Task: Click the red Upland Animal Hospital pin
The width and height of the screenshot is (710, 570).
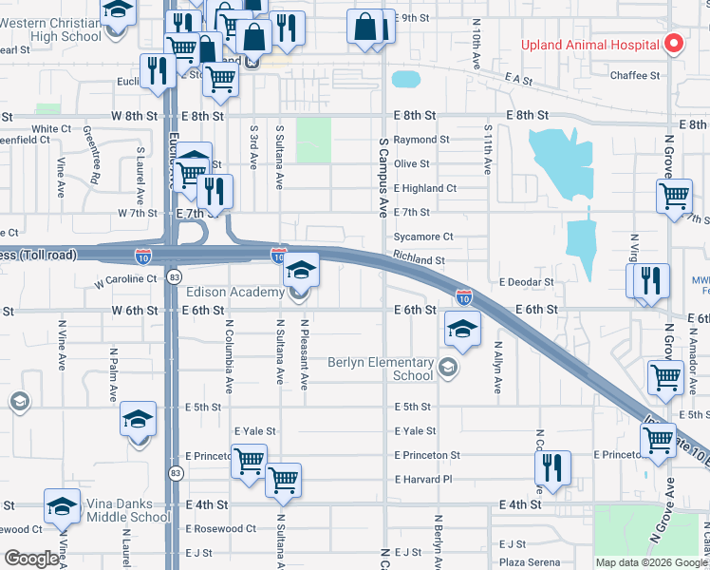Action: [674, 44]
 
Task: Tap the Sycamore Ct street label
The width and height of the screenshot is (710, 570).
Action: [424, 237]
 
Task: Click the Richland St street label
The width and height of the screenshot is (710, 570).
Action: [419, 259]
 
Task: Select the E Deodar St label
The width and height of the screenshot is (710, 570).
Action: [526, 282]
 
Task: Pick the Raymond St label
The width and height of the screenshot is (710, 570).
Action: [421, 140]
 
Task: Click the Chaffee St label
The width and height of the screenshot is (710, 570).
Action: [635, 75]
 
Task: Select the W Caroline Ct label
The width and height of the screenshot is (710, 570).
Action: [125, 280]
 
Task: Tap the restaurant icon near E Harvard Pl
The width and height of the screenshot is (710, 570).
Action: [551, 466]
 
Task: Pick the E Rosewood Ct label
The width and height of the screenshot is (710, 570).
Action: [220, 528]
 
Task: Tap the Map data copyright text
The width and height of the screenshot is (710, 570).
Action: [651, 562]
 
